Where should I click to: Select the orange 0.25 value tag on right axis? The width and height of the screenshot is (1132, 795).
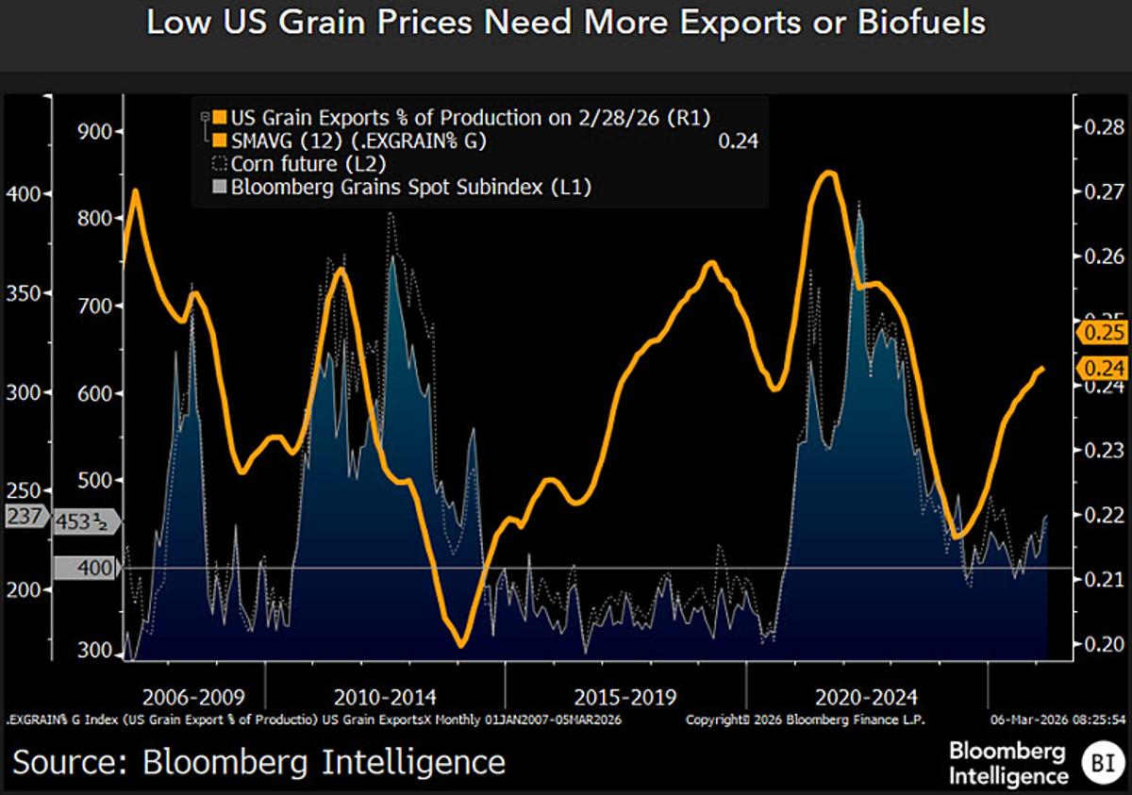[x=1102, y=332]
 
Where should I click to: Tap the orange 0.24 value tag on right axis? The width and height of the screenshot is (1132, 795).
[x=1102, y=369]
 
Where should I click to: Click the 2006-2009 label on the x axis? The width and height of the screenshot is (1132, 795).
[x=193, y=698]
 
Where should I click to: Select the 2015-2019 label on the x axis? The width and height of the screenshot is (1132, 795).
[x=624, y=698]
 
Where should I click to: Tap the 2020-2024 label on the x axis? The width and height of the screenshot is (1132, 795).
[x=865, y=698]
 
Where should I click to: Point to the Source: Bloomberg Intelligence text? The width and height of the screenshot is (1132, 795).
[x=258, y=761]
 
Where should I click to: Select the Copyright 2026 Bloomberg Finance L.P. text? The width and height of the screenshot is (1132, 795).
[x=805, y=720]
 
